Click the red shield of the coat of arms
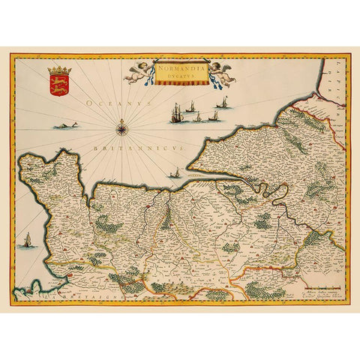[56, 85]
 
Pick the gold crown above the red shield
[56, 70]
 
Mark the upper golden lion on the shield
[56, 80]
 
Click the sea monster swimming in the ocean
[67, 125]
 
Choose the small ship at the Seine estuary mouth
[174, 175]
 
